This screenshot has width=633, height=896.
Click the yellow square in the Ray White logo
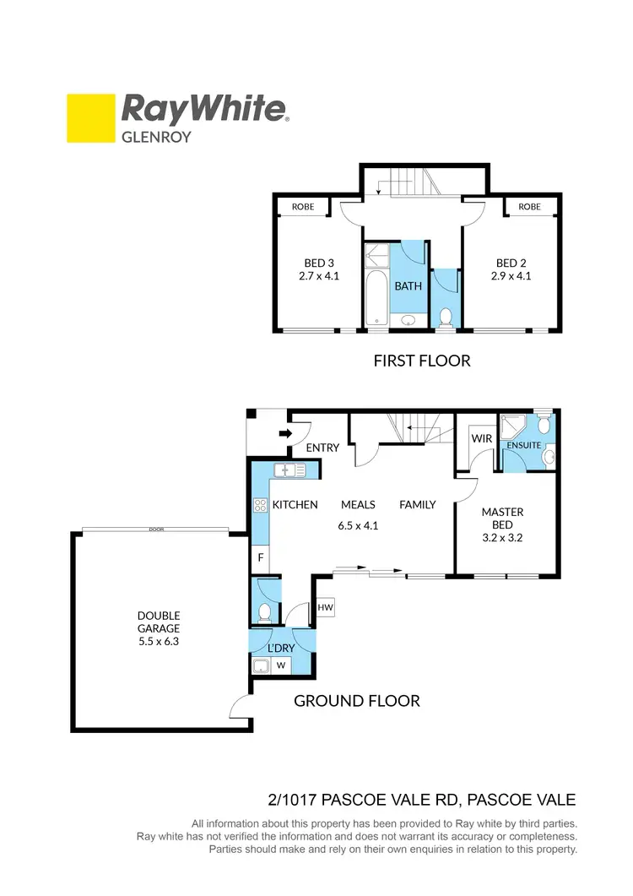click(x=90, y=117)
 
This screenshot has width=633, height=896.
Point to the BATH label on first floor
click(x=408, y=286)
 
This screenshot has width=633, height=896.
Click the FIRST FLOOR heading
click(x=421, y=361)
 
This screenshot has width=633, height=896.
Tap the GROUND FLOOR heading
click(x=356, y=700)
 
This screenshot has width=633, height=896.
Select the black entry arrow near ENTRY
click(x=285, y=434)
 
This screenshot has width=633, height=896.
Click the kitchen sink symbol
click(x=292, y=470)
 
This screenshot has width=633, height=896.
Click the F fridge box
click(x=260, y=558)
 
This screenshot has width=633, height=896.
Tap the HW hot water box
click(x=325, y=606)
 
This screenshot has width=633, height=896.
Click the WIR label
click(x=482, y=439)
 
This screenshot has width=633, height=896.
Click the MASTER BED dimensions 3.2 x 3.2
click(x=502, y=535)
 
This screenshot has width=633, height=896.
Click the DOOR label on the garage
click(x=155, y=529)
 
